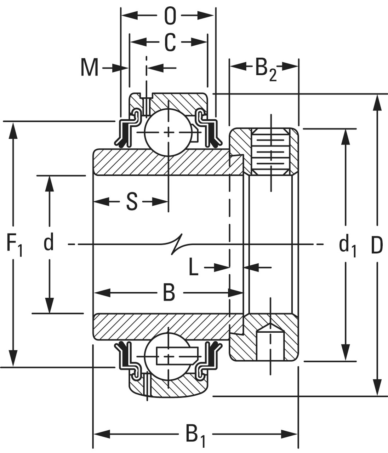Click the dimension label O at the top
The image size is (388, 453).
170,16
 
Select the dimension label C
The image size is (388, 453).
170,42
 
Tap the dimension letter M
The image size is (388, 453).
89,67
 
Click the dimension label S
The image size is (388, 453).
132,202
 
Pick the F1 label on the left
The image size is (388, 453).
14,245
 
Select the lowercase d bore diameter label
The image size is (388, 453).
48,243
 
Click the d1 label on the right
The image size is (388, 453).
347,246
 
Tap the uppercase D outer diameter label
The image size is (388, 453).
377,245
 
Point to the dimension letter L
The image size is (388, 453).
193,268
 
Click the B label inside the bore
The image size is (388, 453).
169,293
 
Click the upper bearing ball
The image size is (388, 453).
169,132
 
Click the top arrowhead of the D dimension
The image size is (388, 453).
378,103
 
